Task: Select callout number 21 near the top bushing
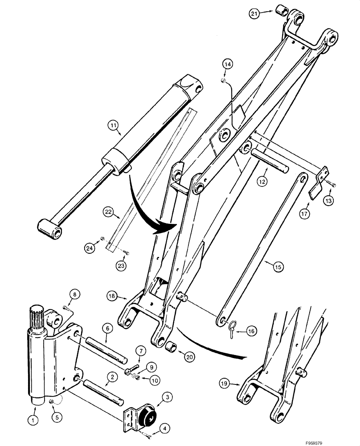tap(254, 14)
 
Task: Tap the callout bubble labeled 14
tap(227, 65)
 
